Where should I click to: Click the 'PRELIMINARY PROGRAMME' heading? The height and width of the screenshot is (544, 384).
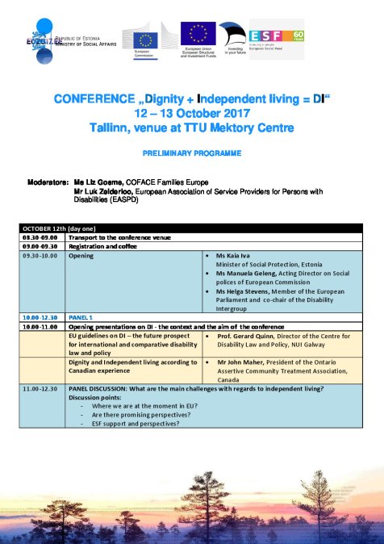tap(191, 152)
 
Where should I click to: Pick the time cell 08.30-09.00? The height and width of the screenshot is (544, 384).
tap(39, 238)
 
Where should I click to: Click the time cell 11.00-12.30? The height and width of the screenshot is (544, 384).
tap(39, 389)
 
